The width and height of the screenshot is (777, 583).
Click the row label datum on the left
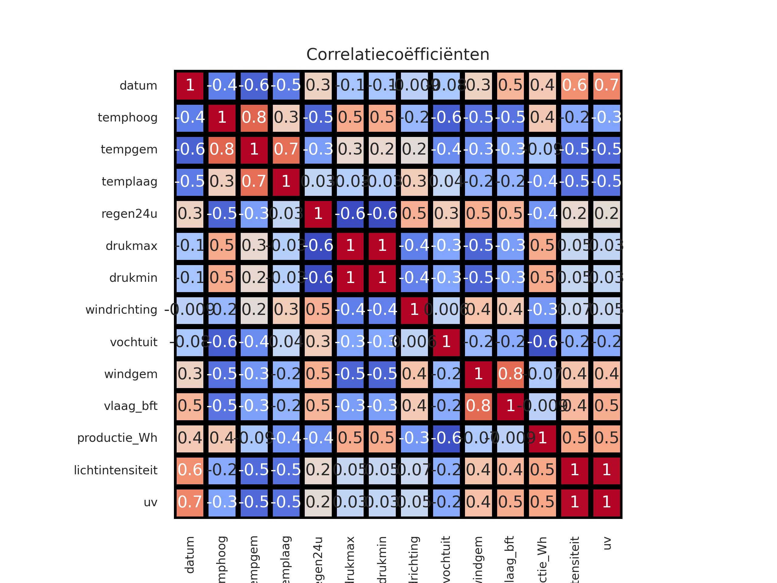pos(138,86)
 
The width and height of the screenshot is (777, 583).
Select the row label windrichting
pos(121,310)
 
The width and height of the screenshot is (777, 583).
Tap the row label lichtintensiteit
pos(116,470)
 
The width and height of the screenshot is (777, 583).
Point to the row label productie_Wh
pos(117,438)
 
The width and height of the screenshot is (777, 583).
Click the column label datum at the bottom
pos(190,555)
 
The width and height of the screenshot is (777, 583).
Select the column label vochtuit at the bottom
pos(446,559)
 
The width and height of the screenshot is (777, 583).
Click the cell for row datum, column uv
pos(607,86)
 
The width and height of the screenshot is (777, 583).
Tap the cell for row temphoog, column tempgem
pos(254,118)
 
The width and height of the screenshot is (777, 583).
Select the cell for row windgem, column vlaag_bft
pos(511,374)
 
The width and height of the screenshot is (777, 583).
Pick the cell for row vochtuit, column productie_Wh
pos(542,342)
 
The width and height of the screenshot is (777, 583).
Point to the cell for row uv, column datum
pos(190,502)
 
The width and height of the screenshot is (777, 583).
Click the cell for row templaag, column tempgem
pos(254,182)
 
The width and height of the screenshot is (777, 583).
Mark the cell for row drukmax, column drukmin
pos(382,246)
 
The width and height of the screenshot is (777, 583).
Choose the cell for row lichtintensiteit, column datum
pos(190,470)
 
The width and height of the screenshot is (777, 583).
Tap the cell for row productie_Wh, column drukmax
pos(350,438)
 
